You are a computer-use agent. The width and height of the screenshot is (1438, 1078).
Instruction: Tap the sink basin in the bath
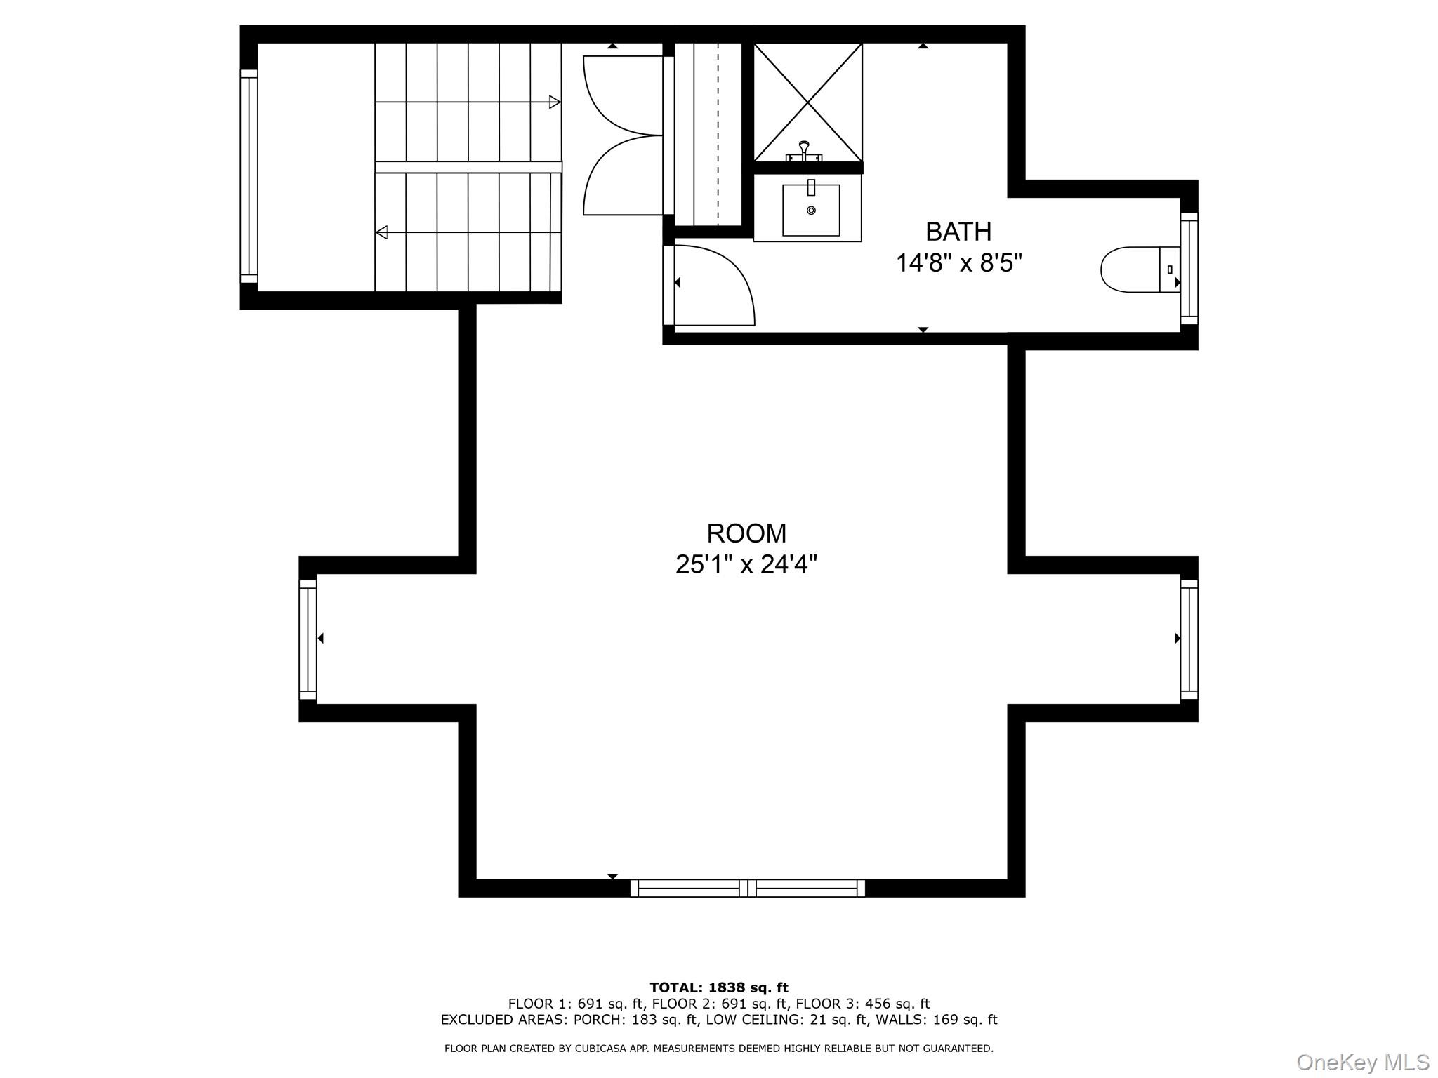(811, 210)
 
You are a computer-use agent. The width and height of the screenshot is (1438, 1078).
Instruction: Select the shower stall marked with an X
(808, 102)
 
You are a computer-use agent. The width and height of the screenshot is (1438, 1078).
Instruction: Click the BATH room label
(958, 232)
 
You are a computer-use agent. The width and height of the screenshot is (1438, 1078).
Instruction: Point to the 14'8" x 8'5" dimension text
(958, 263)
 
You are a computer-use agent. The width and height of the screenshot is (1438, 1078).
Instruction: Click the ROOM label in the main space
(746, 533)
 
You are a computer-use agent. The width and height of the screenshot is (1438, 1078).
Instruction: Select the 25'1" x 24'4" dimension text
(746, 564)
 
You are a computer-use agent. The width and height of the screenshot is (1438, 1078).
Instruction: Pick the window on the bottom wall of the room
(747, 888)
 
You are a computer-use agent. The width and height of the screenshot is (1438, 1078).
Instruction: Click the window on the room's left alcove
(308, 639)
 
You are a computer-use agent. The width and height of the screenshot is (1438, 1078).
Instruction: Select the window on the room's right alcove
(1189, 639)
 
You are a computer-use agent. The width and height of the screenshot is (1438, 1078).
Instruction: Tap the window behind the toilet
(1189, 269)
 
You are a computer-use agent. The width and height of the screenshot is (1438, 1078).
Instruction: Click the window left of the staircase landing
(249, 175)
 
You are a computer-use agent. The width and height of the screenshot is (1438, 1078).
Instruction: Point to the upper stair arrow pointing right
(553, 102)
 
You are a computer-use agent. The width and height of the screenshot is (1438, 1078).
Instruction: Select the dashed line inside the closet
(718, 133)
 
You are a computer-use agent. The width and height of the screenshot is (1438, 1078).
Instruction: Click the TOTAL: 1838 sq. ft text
(718, 987)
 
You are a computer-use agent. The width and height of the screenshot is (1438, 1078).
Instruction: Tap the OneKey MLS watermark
(1362, 1062)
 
